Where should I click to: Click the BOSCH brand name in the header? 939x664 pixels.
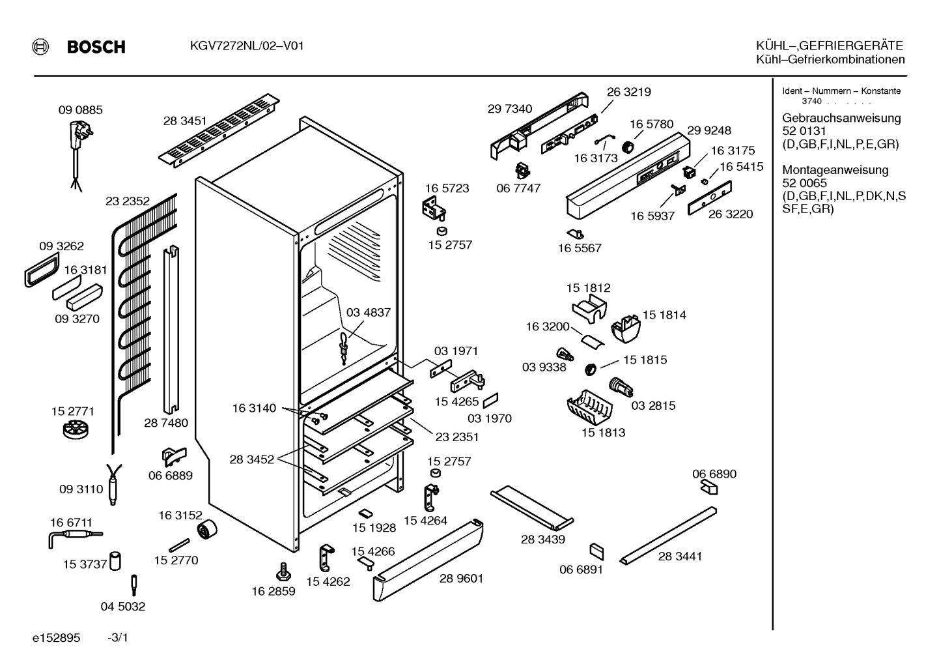96,46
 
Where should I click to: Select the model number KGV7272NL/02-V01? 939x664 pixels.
247,46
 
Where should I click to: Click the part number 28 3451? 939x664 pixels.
185,121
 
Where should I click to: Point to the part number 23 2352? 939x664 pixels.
128,201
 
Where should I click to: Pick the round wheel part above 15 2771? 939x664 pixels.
76,430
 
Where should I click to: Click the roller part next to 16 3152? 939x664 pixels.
207,530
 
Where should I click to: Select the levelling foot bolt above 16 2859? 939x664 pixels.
283,572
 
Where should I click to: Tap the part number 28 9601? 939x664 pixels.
461,579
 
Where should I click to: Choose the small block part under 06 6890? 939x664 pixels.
709,487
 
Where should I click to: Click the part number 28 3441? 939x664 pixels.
680,556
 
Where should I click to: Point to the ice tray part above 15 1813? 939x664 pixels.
589,407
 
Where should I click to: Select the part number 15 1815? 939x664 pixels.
645,360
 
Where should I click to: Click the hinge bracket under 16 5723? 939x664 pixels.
434,209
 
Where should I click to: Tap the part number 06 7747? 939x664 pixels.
518,188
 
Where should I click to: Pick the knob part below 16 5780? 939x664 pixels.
628,147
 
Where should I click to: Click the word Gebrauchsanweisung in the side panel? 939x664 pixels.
841,119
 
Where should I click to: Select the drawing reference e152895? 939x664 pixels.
56,638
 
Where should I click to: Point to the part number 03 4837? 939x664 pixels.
368,313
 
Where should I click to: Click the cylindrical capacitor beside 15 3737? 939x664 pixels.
115,561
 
